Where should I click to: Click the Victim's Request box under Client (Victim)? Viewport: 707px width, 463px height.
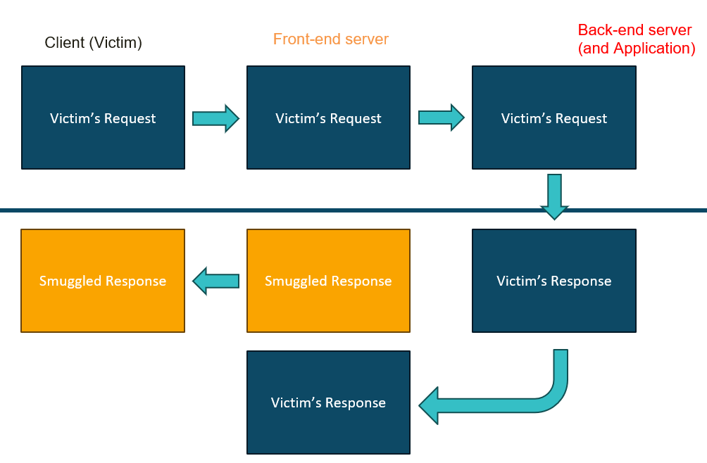(104, 118)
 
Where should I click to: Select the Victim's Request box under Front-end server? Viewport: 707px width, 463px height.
(328, 118)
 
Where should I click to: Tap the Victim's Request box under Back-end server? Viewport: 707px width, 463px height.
(554, 118)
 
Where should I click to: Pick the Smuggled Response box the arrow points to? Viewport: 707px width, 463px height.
(103, 281)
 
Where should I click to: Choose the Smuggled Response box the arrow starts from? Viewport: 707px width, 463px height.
(328, 281)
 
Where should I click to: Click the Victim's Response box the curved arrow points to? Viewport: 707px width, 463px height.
(328, 402)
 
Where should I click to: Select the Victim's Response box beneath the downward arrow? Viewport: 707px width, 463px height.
(554, 281)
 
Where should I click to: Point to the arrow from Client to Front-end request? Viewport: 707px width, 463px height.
(215, 118)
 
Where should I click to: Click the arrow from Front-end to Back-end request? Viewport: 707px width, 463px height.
(442, 118)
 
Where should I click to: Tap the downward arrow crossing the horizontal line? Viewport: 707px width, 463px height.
(554, 197)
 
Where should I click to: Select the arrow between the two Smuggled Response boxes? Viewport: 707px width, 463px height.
(215, 281)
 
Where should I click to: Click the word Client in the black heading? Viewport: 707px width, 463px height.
(65, 42)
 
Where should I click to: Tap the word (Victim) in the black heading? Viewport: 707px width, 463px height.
(115, 43)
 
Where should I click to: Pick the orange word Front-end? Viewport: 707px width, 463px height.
(306, 39)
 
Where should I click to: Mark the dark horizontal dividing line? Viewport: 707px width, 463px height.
(353, 210)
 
